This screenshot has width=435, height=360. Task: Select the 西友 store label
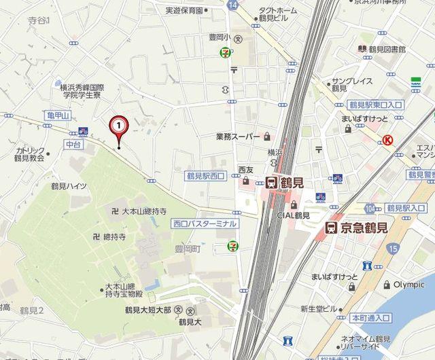[x=246, y=170]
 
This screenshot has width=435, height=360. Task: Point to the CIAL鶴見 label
[x=294, y=216]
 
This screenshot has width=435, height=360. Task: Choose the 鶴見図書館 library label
[x=387, y=50]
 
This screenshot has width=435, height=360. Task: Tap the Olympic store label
[x=409, y=285]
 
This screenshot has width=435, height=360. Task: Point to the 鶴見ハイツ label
[x=69, y=185]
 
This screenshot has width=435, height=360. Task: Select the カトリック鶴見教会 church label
[x=31, y=154]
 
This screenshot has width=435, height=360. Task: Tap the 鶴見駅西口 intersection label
[x=206, y=176]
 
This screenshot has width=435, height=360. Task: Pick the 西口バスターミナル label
[x=205, y=223]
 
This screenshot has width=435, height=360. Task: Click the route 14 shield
[x=234, y=5]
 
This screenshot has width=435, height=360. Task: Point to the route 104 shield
[x=369, y=207]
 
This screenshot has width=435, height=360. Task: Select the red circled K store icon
[x=388, y=140]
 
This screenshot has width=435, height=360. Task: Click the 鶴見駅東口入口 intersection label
[x=375, y=104]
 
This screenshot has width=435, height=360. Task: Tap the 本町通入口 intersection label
[x=370, y=317]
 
